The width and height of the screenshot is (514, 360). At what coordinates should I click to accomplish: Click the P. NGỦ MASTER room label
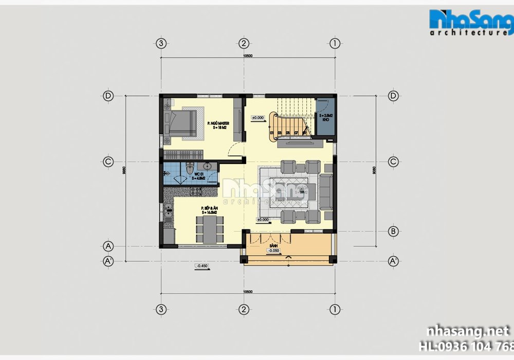218,124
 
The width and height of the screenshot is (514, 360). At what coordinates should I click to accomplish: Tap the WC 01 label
196,175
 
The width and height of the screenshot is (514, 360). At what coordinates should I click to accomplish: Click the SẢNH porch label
274,246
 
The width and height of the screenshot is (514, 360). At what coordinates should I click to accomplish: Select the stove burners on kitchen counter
195,192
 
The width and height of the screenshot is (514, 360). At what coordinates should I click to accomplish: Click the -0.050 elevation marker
274,251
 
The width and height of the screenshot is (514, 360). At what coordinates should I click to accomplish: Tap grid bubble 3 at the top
161,43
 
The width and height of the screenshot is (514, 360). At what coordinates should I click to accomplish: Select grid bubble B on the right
392,231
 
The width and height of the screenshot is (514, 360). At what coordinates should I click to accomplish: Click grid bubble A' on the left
108,261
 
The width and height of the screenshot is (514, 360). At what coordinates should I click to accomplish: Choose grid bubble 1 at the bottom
335,309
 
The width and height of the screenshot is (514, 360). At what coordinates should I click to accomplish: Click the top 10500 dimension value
248,55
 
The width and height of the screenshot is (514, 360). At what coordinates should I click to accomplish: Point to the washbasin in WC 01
208,167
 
